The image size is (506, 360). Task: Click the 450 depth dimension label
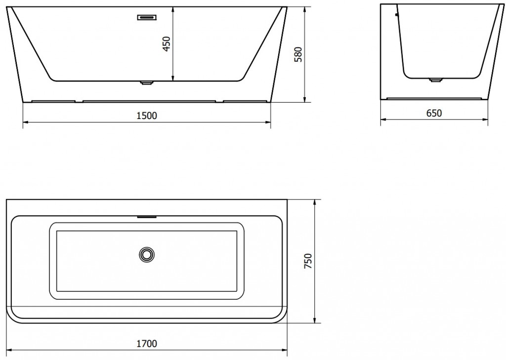click(167, 44)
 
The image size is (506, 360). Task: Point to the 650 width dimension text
click(433, 113)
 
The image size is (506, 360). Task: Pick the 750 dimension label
click(307, 261)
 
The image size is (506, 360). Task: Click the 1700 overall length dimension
click(147, 343)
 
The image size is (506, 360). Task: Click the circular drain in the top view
click(147, 254)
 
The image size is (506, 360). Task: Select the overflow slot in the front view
click(147, 17)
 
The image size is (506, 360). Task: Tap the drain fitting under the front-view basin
click(147, 83)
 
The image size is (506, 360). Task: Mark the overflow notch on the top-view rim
click(147, 216)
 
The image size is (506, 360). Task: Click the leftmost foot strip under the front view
click(53, 102)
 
